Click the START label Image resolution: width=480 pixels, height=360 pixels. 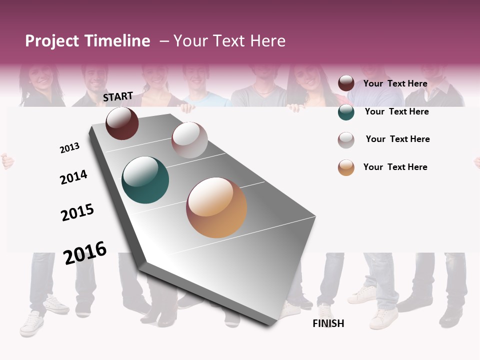click(118, 96)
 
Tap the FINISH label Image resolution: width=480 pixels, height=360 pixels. click(328, 323)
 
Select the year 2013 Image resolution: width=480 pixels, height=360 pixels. click(69, 148)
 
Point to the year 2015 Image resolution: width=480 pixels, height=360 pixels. click(77, 212)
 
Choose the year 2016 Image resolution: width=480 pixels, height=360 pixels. click(85, 253)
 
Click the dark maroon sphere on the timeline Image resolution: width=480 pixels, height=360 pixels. click(122, 123)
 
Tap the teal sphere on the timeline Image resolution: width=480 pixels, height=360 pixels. click(145, 180)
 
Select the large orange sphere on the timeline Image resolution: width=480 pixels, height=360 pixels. click(216, 207)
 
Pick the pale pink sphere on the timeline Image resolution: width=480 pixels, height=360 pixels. click(189, 140)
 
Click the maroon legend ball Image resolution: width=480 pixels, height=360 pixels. click(346, 83)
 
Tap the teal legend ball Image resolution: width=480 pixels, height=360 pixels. click(346, 112)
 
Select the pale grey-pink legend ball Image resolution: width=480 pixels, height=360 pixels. click(346, 140)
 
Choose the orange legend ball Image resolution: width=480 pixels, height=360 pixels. click(346, 167)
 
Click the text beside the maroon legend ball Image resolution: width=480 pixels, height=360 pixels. click(395, 84)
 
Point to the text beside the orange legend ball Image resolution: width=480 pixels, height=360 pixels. click(395, 167)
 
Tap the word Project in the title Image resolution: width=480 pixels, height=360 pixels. click(52, 41)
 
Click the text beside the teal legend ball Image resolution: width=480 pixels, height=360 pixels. click(396, 111)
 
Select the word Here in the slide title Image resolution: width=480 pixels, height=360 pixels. click(267, 41)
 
